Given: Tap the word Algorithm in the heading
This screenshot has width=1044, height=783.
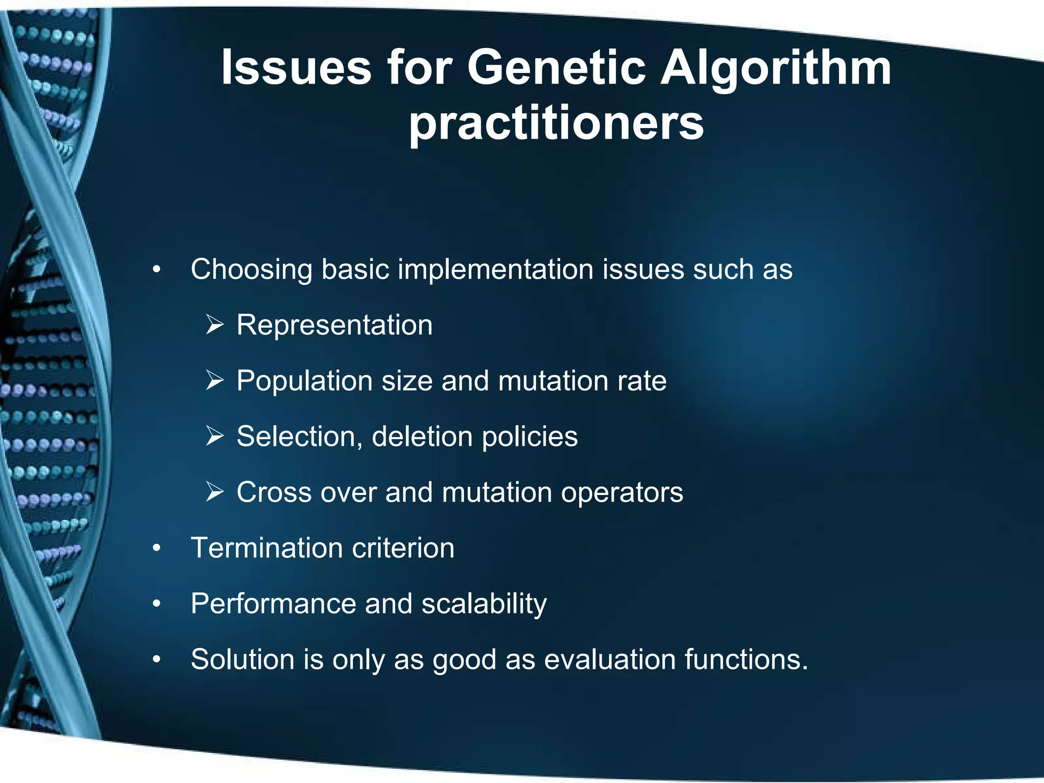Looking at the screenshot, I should coord(775,68).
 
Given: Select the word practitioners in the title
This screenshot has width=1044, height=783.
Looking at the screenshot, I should coord(556,124).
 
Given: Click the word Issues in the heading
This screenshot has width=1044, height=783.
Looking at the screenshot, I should coord(296,68).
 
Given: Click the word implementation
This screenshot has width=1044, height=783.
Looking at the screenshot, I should coord(495,269).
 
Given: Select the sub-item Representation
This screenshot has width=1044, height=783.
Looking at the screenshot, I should coord(334,325).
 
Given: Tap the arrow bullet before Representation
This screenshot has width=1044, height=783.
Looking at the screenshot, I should coord(215,325).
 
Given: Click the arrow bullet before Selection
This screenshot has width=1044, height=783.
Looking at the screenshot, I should coord(215,436).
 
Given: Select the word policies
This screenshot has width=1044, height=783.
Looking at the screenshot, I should coord(530,437).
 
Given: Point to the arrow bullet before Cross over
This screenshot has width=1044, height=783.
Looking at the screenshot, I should coord(215,492).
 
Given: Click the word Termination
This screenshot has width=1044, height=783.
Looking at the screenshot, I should coord(267,548).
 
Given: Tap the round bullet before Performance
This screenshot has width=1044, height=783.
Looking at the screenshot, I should coord(156,604).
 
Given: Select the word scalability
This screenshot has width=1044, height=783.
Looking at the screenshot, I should coord(484,605).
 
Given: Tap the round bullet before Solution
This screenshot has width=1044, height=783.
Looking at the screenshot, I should coord(156,660).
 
